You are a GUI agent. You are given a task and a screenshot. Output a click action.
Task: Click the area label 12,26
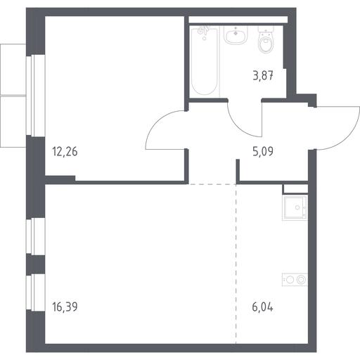pyautogui.click(x=65, y=152)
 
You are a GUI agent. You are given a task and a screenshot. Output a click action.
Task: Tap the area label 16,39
pyautogui.click(x=65, y=307)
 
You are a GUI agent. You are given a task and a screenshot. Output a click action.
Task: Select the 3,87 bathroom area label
pyautogui.click(x=263, y=76)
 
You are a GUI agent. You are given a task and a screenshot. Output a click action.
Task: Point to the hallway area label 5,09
pyautogui.click(x=263, y=151)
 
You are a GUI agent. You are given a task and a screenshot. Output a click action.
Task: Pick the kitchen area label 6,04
pyautogui.click(x=262, y=307)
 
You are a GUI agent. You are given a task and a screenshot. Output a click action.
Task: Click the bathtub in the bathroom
pyautogui.click(x=205, y=61)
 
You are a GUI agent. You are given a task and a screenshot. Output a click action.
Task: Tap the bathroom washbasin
pyautogui.click(x=236, y=35)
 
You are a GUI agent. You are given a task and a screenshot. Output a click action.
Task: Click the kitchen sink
pyautogui.click(x=295, y=208)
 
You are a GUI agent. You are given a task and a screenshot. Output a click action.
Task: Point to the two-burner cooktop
pyautogui.click(x=295, y=280)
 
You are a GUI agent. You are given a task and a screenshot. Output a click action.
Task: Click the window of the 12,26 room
pyautogui.click(x=35, y=96)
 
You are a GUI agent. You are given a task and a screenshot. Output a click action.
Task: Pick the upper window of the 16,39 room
pyautogui.click(x=35, y=236)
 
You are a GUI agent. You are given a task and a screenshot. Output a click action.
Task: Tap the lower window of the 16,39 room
pyautogui.click(x=35, y=292)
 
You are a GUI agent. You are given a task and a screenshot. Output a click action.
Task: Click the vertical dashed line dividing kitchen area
pyautogui.click(x=236, y=264)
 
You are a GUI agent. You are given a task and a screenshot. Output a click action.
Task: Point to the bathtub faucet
pyautogui.click(x=203, y=30)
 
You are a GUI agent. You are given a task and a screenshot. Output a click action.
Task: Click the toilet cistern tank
pyautogui.click(x=266, y=29)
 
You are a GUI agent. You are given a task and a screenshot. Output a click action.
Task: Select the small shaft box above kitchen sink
pyautogui.click(x=295, y=189)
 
